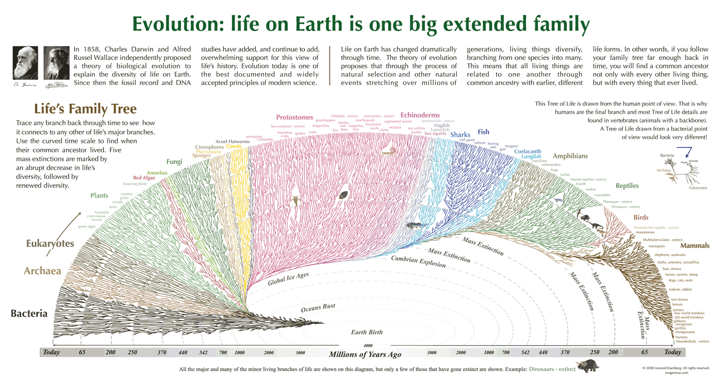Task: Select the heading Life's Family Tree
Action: point(85,109)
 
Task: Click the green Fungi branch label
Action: point(174,162)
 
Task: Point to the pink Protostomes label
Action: point(294,118)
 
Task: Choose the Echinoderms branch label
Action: point(420,115)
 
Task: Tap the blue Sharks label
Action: point(460,135)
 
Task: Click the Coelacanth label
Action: point(528,152)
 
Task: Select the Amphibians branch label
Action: point(570,156)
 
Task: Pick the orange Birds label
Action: point(641,217)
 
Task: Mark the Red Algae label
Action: point(144,178)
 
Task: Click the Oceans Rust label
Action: point(318,308)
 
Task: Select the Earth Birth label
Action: point(367,332)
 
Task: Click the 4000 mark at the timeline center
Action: point(368,345)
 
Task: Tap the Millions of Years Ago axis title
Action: point(365,354)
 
